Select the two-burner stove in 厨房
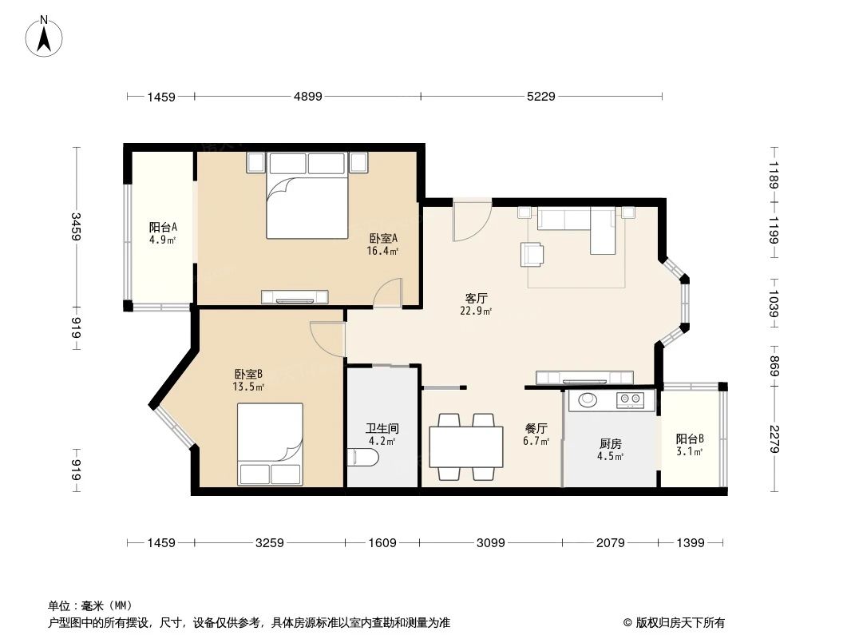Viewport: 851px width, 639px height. click(x=630, y=399)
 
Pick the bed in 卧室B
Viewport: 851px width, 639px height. click(x=271, y=443)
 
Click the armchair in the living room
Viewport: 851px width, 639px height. click(x=532, y=254)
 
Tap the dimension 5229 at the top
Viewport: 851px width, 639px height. click(x=540, y=97)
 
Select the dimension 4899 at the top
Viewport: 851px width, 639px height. click(x=307, y=97)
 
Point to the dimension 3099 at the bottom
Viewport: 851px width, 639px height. click(x=490, y=543)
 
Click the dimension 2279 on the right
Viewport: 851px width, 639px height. click(x=773, y=439)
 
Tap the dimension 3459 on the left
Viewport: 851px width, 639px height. click(x=76, y=226)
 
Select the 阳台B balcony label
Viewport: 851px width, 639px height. click(x=690, y=445)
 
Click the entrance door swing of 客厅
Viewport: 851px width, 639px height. click(x=470, y=221)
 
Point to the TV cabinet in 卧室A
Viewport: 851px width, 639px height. click(x=295, y=297)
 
